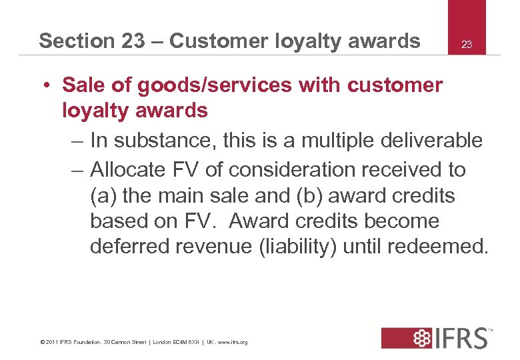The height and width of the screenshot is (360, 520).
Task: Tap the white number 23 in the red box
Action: pos(467,45)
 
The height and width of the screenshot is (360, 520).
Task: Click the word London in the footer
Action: pos(163,342)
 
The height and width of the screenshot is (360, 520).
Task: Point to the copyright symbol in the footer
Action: pos(42,342)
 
